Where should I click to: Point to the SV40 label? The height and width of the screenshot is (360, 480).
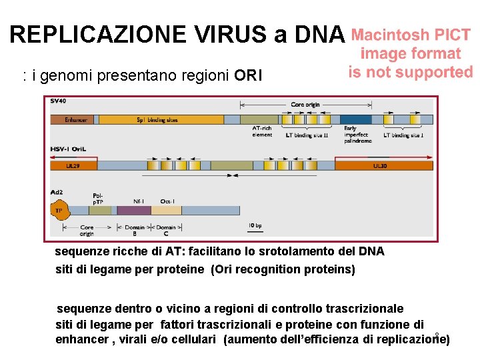59,101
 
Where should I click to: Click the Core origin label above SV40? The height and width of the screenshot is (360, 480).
305,105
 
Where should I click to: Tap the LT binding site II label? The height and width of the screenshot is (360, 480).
307,135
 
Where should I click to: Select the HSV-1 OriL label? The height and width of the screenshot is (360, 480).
67,149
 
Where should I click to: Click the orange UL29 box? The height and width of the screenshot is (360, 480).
73,165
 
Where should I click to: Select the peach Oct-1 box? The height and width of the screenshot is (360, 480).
167,210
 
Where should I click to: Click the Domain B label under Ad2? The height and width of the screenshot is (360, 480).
134,231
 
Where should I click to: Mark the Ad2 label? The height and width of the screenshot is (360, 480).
57,193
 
